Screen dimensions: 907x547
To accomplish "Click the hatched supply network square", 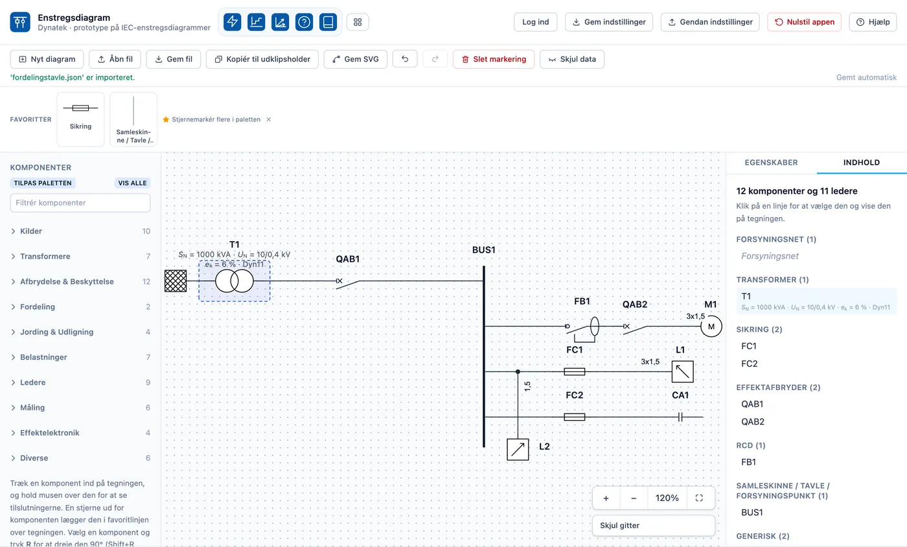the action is [x=176, y=281].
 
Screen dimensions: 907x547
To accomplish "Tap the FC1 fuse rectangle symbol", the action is [x=574, y=371].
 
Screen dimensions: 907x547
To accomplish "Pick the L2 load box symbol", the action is [x=518, y=449].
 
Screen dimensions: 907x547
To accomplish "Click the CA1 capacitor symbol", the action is [x=680, y=417].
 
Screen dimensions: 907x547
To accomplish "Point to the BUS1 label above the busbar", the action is [x=483, y=250].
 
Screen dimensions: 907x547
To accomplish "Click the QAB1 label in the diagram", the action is [x=347, y=259].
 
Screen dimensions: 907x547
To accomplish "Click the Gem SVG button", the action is [x=355, y=59].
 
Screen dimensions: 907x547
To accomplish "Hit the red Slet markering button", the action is [x=494, y=59].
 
